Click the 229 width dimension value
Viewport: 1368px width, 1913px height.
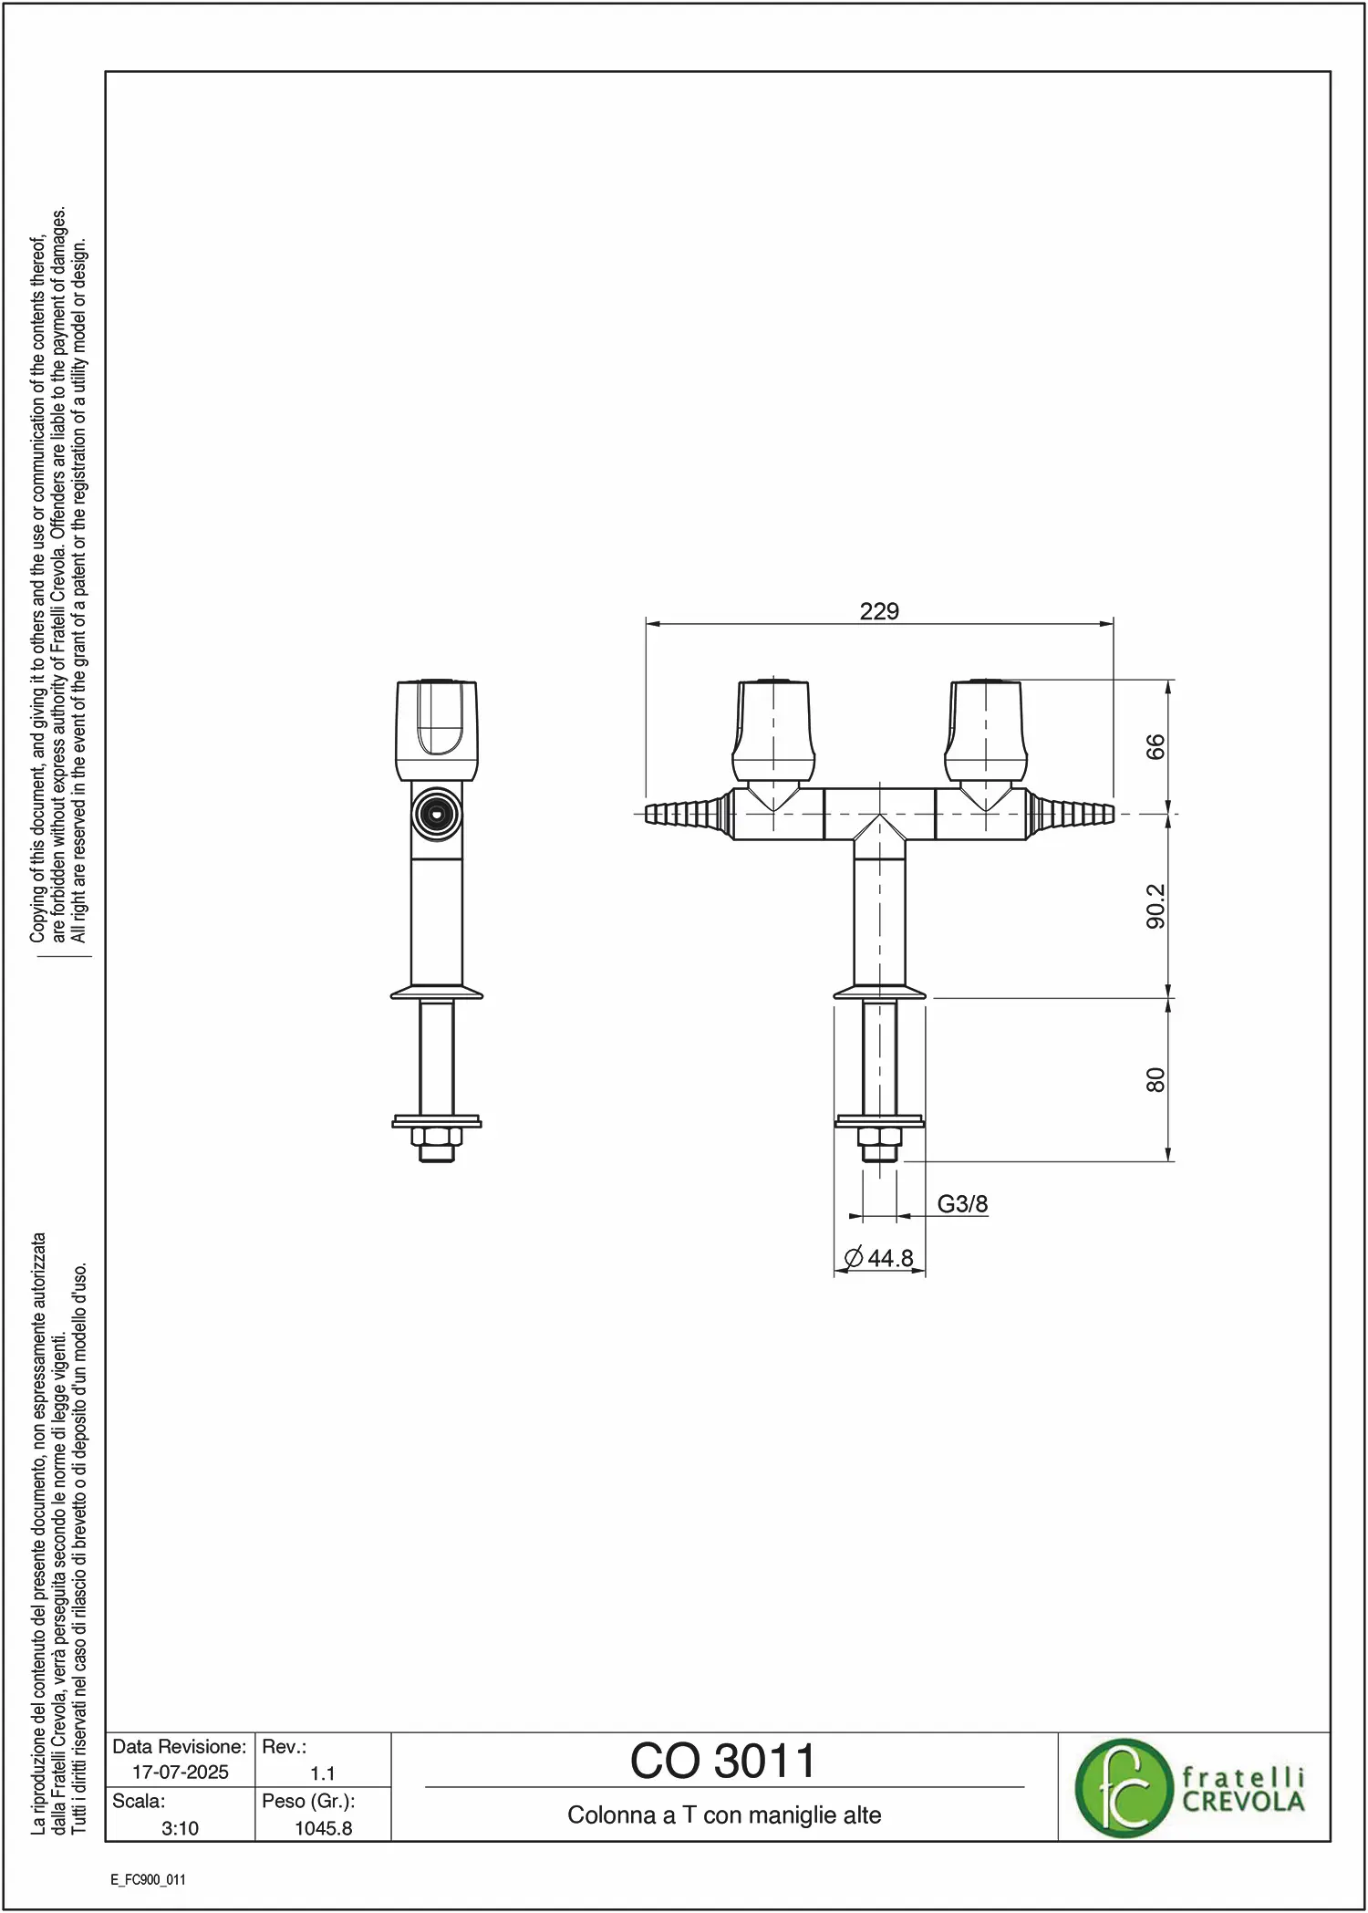pyautogui.click(x=879, y=611)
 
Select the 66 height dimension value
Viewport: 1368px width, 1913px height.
pyautogui.click(x=1156, y=746)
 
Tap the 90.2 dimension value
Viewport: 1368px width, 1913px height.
pyautogui.click(x=1156, y=906)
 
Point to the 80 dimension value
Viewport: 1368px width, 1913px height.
pyautogui.click(x=1156, y=1080)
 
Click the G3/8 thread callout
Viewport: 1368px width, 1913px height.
pyautogui.click(x=962, y=1204)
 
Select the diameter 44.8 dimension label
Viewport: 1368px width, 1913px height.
pyautogui.click(x=879, y=1258)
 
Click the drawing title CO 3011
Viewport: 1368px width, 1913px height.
pyautogui.click(x=723, y=1762)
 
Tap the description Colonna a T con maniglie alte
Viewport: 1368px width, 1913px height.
pyautogui.click(x=724, y=1815)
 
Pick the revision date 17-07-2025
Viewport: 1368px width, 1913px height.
pyautogui.click(x=181, y=1773)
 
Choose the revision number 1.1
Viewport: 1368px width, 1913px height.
pyautogui.click(x=323, y=1773)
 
